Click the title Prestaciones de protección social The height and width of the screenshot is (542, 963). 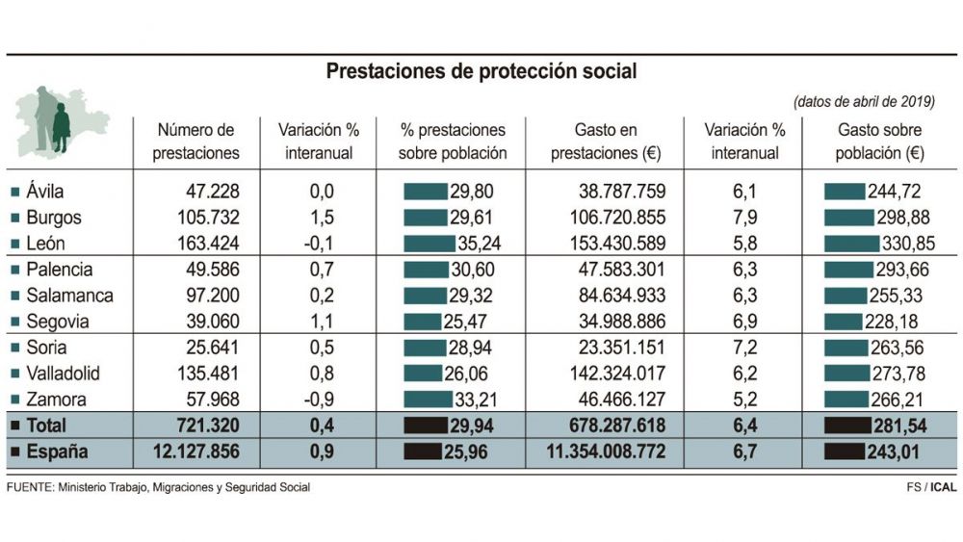click(x=481, y=71)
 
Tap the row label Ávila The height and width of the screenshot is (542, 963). click(x=46, y=193)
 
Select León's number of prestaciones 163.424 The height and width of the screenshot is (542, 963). click(x=199, y=244)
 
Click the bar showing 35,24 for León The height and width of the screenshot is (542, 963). click(x=429, y=244)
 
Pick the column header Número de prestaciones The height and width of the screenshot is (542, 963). click(x=196, y=142)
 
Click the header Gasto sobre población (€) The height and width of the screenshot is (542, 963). click(x=879, y=142)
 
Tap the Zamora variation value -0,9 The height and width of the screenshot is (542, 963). click(x=319, y=400)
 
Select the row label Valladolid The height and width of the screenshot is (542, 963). click(x=64, y=374)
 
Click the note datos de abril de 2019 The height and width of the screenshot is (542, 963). click(x=864, y=102)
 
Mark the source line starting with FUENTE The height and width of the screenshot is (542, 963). click(x=159, y=487)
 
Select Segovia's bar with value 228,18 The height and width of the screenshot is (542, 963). click(x=843, y=322)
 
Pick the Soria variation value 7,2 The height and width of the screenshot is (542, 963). click(x=744, y=348)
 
